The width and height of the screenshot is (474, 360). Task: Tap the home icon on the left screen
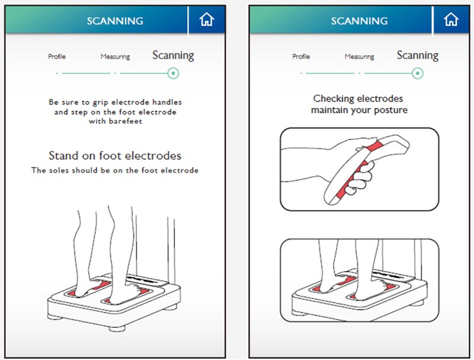coord(207,20)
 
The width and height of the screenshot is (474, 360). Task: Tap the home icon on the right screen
coord(451,20)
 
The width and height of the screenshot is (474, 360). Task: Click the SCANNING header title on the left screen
coord(115,21)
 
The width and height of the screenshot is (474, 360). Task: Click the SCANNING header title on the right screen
coord(359,21)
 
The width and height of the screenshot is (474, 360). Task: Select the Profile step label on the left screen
coord(57,56)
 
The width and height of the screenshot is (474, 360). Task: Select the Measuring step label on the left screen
coord(115,56)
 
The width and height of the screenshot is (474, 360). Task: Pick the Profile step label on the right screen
coord(301,56)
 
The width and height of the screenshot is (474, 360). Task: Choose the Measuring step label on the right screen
coord(360,56)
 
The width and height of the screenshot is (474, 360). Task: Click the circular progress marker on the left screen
coord(173,73)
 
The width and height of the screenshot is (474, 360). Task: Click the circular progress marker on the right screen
coord(418,73)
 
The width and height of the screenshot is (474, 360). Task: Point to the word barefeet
coord(126,122)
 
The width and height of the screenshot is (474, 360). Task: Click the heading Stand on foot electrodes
coord(115,155)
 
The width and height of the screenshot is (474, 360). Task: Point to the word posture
coord(391,110)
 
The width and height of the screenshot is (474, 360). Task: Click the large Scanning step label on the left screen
coord(173,55)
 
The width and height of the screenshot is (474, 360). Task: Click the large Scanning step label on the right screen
coord(418,55)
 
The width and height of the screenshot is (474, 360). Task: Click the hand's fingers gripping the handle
coord(360,179)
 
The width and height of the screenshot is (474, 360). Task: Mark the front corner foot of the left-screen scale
coord(117,328)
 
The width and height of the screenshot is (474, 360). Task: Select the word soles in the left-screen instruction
coord(59,170)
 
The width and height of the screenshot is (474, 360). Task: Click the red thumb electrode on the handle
coord(374,146)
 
